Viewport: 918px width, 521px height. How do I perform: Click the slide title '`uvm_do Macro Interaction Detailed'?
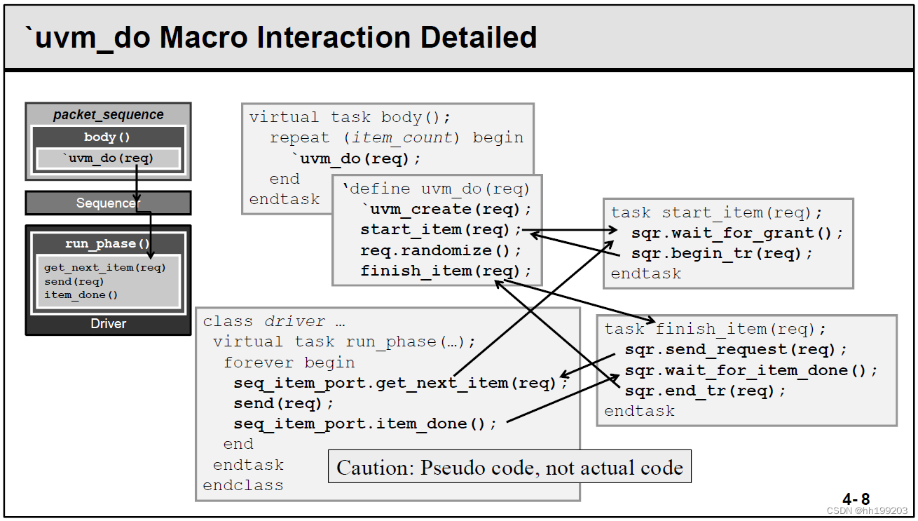[280, 37]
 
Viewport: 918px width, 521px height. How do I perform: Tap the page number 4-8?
[856, 499]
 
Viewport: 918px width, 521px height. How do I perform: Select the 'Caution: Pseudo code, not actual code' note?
[509, 467]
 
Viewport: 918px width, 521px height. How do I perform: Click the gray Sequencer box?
[108, 203]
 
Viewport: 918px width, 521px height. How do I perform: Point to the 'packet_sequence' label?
[108, 115]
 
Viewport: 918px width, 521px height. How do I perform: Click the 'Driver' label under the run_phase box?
[108, 324]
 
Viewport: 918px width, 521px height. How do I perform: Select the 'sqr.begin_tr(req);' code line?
[722, 253]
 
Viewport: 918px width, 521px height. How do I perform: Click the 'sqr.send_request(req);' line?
[736, 349]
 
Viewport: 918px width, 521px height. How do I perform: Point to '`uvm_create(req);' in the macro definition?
[446, 209]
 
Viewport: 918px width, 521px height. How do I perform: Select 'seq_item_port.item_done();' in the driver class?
[365, 424]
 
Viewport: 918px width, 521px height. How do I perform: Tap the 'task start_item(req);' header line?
[717, 212]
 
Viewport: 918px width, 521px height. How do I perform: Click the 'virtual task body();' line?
[350, 117]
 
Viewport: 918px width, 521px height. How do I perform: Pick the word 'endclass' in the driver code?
[243, 485]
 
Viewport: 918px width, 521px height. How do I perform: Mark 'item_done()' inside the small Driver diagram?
[81, 295]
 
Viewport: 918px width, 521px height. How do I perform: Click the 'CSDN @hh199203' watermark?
[867, 511]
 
